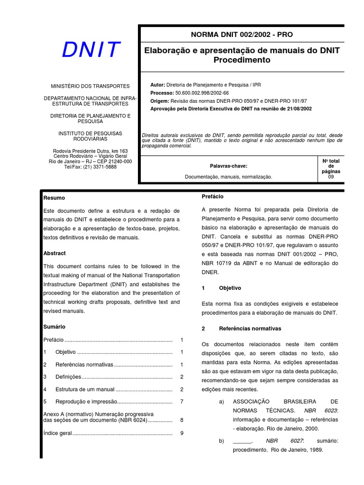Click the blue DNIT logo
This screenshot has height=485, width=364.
click(x=91, y=50)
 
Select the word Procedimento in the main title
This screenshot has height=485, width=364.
click(x=242, y=60)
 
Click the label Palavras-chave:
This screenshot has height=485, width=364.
click(x=228, y=166)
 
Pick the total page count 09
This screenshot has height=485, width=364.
click(x=331, y=177)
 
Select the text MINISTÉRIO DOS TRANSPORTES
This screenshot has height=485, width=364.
click(x=90, y=86)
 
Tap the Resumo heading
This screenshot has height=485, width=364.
click(x=54, y=198)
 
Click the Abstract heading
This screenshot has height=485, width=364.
click(x=55, y=253)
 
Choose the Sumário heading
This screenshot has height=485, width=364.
click(x=54, y=327)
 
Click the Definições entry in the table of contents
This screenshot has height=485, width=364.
click(x=68, y=377)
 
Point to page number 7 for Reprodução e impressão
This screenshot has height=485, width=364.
click(x=182, y=402)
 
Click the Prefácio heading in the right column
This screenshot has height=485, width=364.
click(x=212, y=197)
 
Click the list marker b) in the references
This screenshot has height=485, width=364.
click(x=221, y=441)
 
